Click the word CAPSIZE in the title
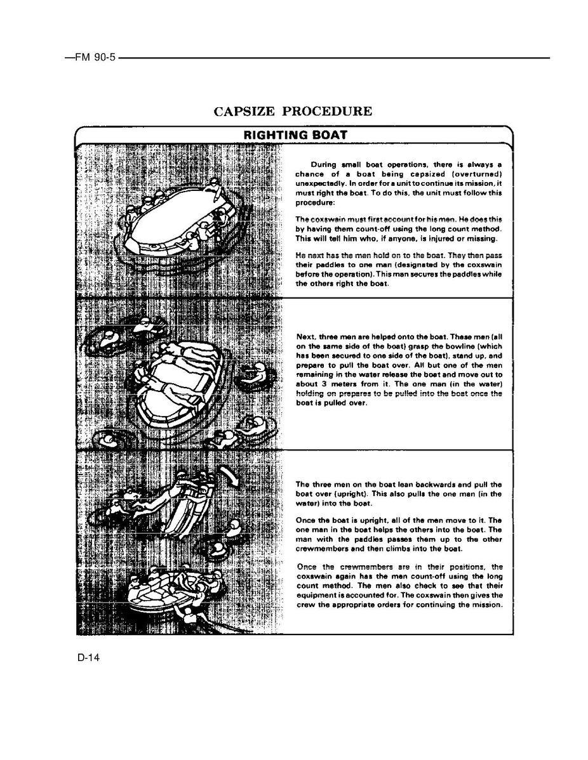[244, 112]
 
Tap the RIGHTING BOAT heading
[295, 135]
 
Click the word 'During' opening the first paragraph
[324, 164]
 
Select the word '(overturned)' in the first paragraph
[475, 174]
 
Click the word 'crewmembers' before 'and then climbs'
[323, 549]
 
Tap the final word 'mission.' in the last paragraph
[488, 605]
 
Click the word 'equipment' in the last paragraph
[317, 595]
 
